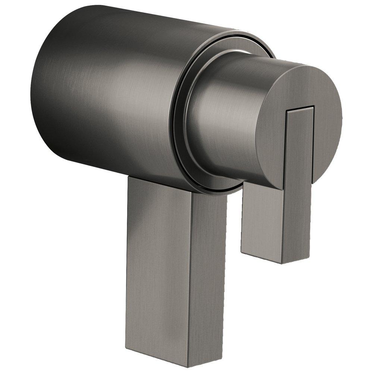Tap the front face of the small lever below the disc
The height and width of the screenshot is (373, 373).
pyautogui.click(x=261, y=220)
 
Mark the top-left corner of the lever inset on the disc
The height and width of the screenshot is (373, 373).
pyautogui.click(x=286, y=110)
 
